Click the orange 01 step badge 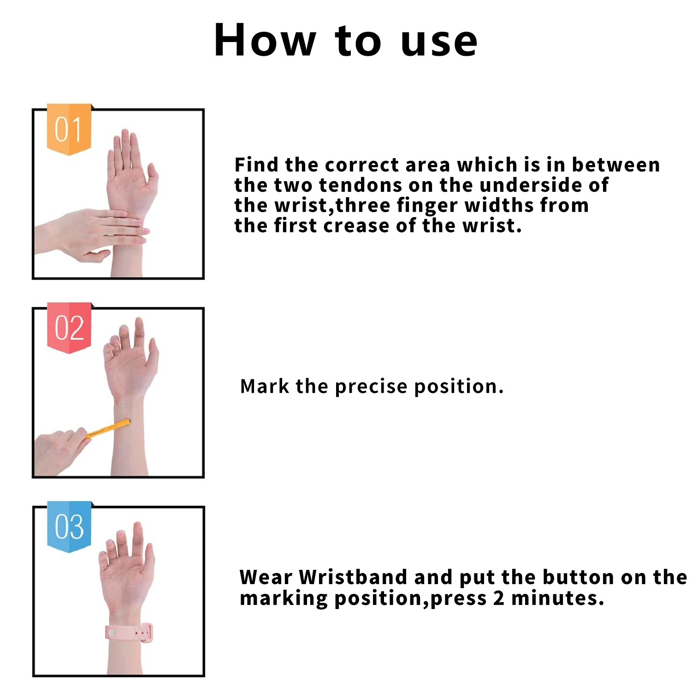coord(69,129)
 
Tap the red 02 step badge coord(69,328)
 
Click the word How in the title coord(265,41)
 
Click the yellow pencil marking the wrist coord(109,428)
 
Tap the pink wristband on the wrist coord(129,632)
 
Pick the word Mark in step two coord(265,386)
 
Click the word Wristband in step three coord(353,577)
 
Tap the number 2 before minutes coord(498,598)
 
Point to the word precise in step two coord(371,387)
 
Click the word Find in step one coord(256,165)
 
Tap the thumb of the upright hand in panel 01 coord(152,177)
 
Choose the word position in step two coord(459,387)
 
